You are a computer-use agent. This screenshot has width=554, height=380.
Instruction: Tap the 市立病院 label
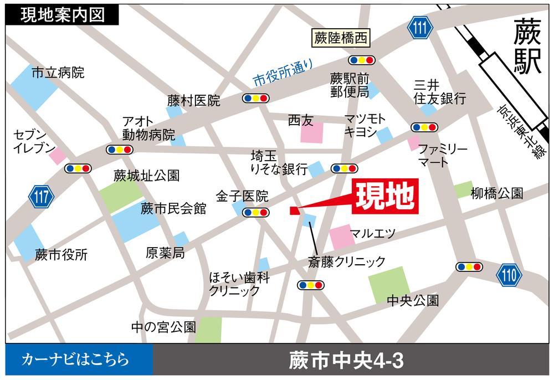tap(58, 73)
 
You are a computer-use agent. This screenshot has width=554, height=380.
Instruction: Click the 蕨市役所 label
tap(61, 255)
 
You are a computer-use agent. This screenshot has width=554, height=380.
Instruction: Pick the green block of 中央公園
tap(389, 285)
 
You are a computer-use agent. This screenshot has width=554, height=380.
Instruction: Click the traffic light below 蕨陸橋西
tap(362, 59)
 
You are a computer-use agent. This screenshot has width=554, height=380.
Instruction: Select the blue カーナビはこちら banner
tap(78, 361)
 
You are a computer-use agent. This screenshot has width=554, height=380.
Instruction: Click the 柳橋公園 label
tap(496, 193)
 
